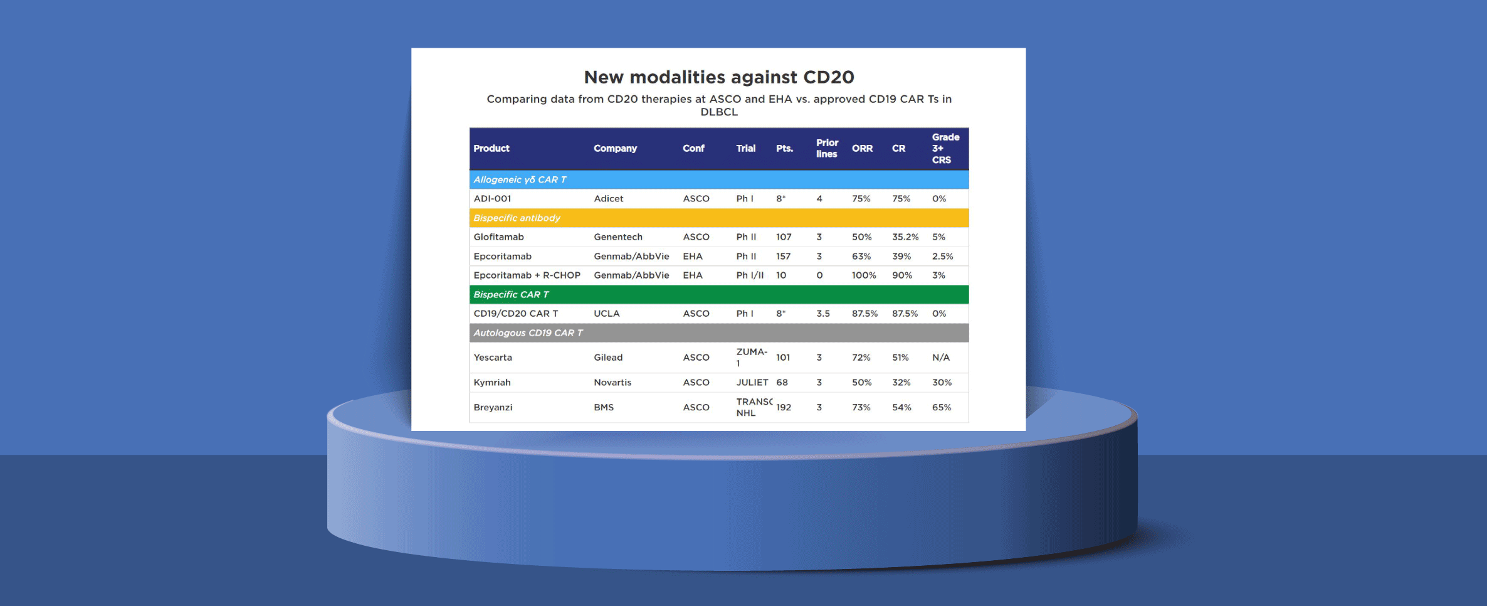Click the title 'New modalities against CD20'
coord(718,77)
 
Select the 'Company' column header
coord(615,149)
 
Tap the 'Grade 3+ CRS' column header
coord(945,149)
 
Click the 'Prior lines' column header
coord(826,149)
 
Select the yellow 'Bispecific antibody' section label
coord(517,218)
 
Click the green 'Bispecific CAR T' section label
coord(511,295)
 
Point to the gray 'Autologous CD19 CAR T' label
coord(528,333)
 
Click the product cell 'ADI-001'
coord(492,199)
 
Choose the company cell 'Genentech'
coord(617,237)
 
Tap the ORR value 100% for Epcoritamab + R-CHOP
coord(863,275)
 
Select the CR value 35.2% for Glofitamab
coord(905,237)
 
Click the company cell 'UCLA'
coord(606,314)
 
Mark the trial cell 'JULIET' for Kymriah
coord(752,383)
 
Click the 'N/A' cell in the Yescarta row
coord(940,358)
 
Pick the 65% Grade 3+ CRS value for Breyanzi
coord(941,408)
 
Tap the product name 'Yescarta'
coord(493,358)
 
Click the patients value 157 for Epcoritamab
coord(783,257)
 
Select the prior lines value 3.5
coord(822,314)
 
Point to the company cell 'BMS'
coord(603,408)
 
